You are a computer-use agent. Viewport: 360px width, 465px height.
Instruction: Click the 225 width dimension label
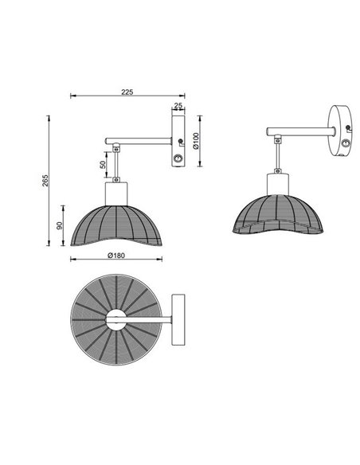(x=125, y=92)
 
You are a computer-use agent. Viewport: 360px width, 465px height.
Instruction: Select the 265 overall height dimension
(x=46, y=181)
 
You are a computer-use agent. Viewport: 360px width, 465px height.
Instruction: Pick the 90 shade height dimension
(x=61, y=226)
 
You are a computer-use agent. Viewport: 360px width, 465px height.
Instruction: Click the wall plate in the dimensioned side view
(x=178, y=143)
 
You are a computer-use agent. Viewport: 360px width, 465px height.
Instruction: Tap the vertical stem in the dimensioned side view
(x=117, y=165)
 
